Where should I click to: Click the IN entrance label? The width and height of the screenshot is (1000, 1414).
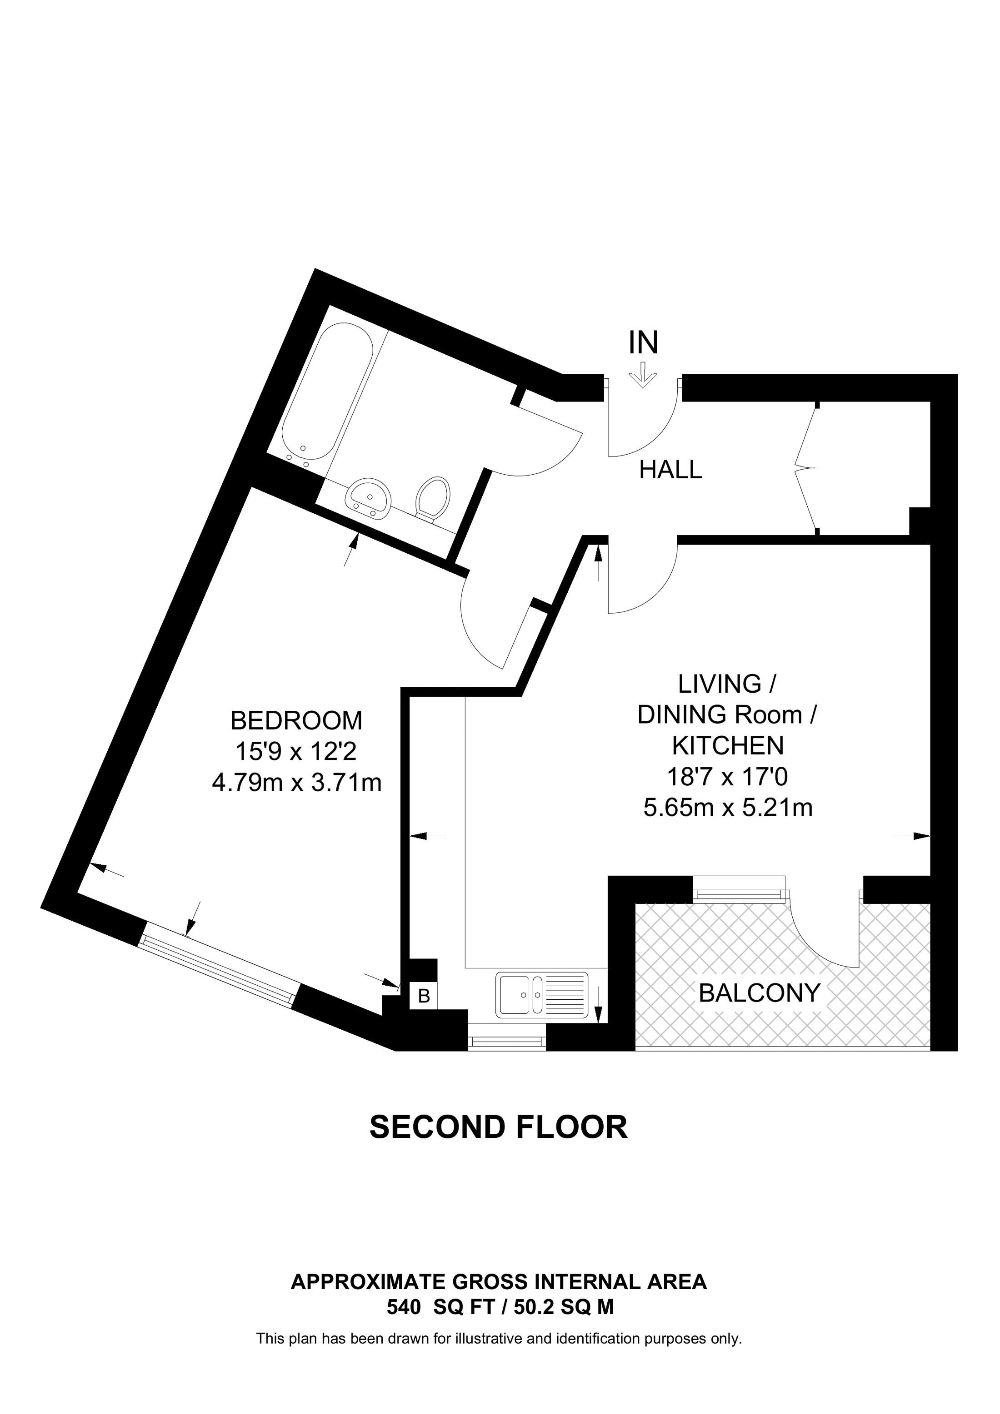click(x=643, y=342)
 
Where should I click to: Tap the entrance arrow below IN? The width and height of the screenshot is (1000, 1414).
click(x=643, y=375)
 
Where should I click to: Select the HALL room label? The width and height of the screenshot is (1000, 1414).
click(x=670, y=471)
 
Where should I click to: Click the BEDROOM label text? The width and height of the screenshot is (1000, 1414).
click(x=296, y=720)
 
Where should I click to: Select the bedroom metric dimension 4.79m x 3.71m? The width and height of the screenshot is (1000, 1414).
click(x=296, y=783)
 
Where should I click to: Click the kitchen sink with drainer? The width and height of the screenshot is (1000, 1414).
click(x=541, y=993)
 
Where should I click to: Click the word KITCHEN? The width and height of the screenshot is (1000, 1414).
click(x=727, y=746)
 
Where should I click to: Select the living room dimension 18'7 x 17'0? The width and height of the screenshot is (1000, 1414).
click(x=727, y=777)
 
